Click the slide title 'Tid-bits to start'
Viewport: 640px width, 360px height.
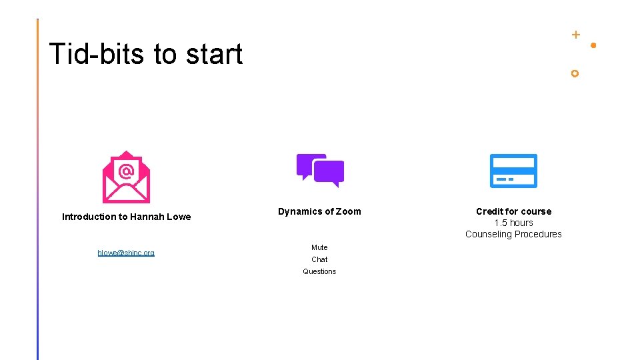(x=145, y=54)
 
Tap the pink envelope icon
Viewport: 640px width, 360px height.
(x=126, y=177)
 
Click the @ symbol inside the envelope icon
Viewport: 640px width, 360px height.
(x=126, y=171)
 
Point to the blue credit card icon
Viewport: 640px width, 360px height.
(x=513, y=171)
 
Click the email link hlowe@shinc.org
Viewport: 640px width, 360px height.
(x=126, y=253)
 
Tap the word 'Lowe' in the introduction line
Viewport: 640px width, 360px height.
(x=179, y=217)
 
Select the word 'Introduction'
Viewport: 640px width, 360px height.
(x=89, y=217)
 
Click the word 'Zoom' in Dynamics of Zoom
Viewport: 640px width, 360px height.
(x=349, y=211)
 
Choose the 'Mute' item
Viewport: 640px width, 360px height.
(x=319, y=247)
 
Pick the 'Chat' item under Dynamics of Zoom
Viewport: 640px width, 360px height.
(x=319, y=259)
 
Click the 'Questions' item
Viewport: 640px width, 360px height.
(x=319, y=271)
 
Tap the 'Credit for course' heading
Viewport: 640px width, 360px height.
(x=513, y=211)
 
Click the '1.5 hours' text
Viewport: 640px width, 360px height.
(x=513, y=223)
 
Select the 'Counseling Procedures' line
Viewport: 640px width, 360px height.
(x=513, y=234)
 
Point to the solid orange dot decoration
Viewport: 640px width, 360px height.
(x=593, y=45)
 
